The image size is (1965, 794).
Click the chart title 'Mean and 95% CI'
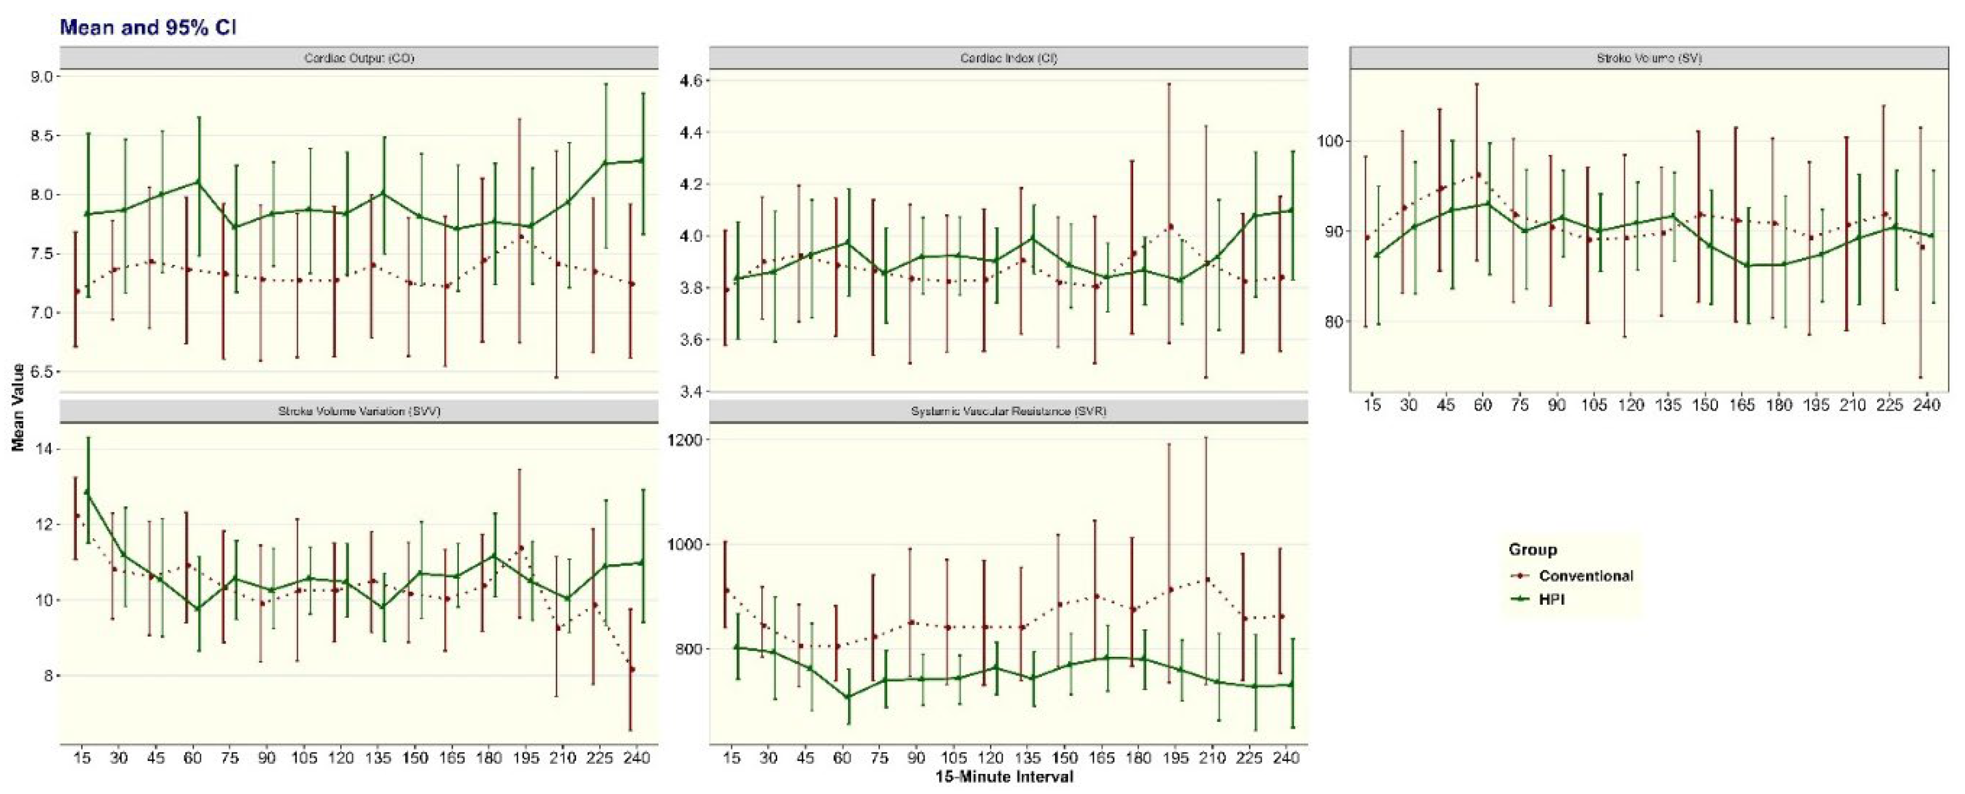point(149,28)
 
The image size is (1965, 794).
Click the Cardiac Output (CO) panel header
point(359,58)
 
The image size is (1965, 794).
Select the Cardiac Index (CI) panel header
point(1008,58)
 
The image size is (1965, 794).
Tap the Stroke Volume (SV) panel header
point(1655,58)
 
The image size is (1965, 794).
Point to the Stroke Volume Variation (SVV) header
point(359,411)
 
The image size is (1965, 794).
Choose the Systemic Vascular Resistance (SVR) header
point(1008,411)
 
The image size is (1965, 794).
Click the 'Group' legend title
point(1532,549)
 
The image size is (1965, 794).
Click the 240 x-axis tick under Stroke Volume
point(1927,405)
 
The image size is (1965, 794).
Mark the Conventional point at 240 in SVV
point(632,670)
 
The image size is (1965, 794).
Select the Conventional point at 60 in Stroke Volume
point(1478,175)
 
